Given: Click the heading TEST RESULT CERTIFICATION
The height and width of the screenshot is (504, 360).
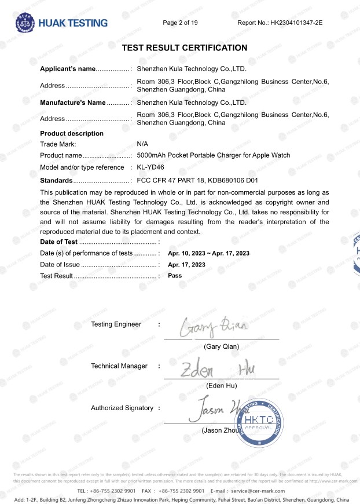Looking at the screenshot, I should pyautogui.click(x=185, y=48).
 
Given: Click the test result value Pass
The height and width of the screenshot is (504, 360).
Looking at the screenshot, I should pyautogui.click(x=175, y=276).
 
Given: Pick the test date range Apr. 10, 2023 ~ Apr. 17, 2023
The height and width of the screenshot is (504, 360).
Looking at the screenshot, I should pyautogui.click(x=208, y=254).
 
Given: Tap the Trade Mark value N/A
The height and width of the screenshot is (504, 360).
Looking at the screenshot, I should pyautogui.click(x=142, y=144).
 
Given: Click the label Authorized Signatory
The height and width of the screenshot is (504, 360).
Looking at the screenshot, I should pyautogui.click(x=122, y=408).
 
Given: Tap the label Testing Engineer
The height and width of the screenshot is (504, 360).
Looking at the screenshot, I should pyautogui.click(x=116, y=324).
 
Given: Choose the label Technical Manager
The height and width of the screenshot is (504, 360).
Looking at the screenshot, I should pyautogui.click(x=119, y=366).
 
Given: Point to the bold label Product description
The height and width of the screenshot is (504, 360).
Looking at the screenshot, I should pyautogui.click(x=72, y=133).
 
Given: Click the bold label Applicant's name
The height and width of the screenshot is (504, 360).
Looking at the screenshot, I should pyautogui.click(x=67, y=69).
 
